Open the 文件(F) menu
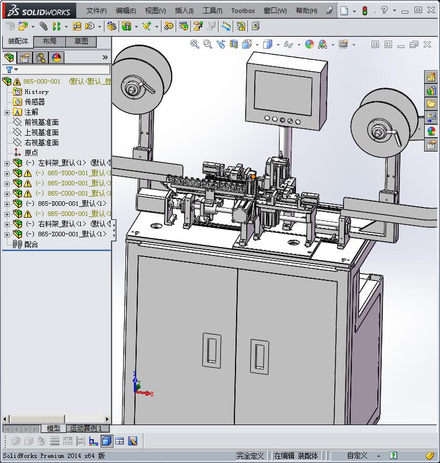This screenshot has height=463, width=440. click(x=96, y=11)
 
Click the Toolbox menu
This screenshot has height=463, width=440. click(x=243, y=11)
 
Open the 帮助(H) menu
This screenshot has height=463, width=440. click(x=307, y=11)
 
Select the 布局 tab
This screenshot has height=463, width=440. click(x=50, y=41)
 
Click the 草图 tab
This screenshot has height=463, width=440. click(x=81, y=41)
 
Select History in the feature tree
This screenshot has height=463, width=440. click(x=36, y=92)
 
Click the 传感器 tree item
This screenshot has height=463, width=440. click(x=34, y=102)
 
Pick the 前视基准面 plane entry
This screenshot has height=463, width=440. click(x=41, y=122)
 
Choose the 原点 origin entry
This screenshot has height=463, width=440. click(x=31, y=153)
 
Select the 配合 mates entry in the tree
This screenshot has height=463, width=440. click(x=31, y=244)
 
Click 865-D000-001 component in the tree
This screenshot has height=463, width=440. click(x=71, y=204)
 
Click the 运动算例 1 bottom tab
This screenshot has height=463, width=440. click(x=86, y=429)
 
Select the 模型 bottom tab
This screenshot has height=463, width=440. click(x=53, y=429)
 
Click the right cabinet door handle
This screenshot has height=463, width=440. click(x=259, y=356)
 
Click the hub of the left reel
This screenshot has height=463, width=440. click(x=132, y=88)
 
